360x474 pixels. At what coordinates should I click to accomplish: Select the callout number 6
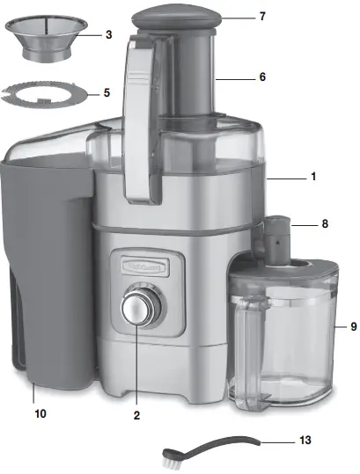tap(261, 77)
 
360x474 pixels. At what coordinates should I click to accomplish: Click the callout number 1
tap(312, 177)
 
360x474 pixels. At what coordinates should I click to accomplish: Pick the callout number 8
tap(324, 224)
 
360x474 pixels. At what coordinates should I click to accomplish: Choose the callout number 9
tap(353, 326)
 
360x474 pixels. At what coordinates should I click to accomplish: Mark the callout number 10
tap(40, 412)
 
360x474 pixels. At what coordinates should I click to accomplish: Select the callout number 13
tap(304, 438)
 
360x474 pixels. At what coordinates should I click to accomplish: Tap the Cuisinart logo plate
tap(136, 264)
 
